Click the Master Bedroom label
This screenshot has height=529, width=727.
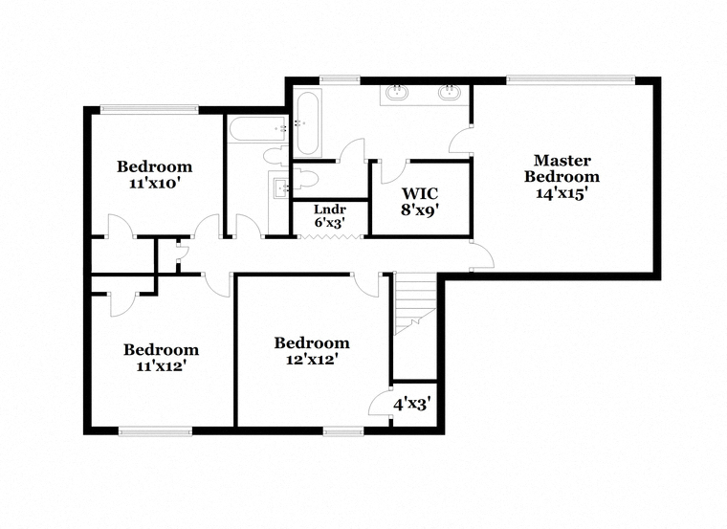tap(562, 168)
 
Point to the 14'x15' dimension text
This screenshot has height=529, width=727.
tap(562, 194)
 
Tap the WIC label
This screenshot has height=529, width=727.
tap(420, 193)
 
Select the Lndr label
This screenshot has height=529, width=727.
tap(330, 209)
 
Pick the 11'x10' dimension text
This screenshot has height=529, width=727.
tap(154, 184)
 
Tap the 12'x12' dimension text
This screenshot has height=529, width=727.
tap(311, 360)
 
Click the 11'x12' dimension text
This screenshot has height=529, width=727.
tap(161, 366)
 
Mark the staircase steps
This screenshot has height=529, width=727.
tap(415, 303)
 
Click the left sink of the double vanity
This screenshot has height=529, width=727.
tap(397, 93)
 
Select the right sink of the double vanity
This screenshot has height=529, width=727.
tap(449, 93)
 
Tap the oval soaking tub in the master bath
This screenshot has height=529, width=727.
tap(307, 123)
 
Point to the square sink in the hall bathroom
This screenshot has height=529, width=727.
tap(281, 187)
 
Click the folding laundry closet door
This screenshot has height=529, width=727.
tap(330, 237)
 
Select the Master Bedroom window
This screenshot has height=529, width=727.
tap(570, 80)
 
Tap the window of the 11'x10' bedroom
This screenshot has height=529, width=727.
tap(150, 109)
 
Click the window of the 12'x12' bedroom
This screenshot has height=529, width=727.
tap(343, 431)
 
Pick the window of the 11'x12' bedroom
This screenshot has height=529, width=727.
tap(155, 431)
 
